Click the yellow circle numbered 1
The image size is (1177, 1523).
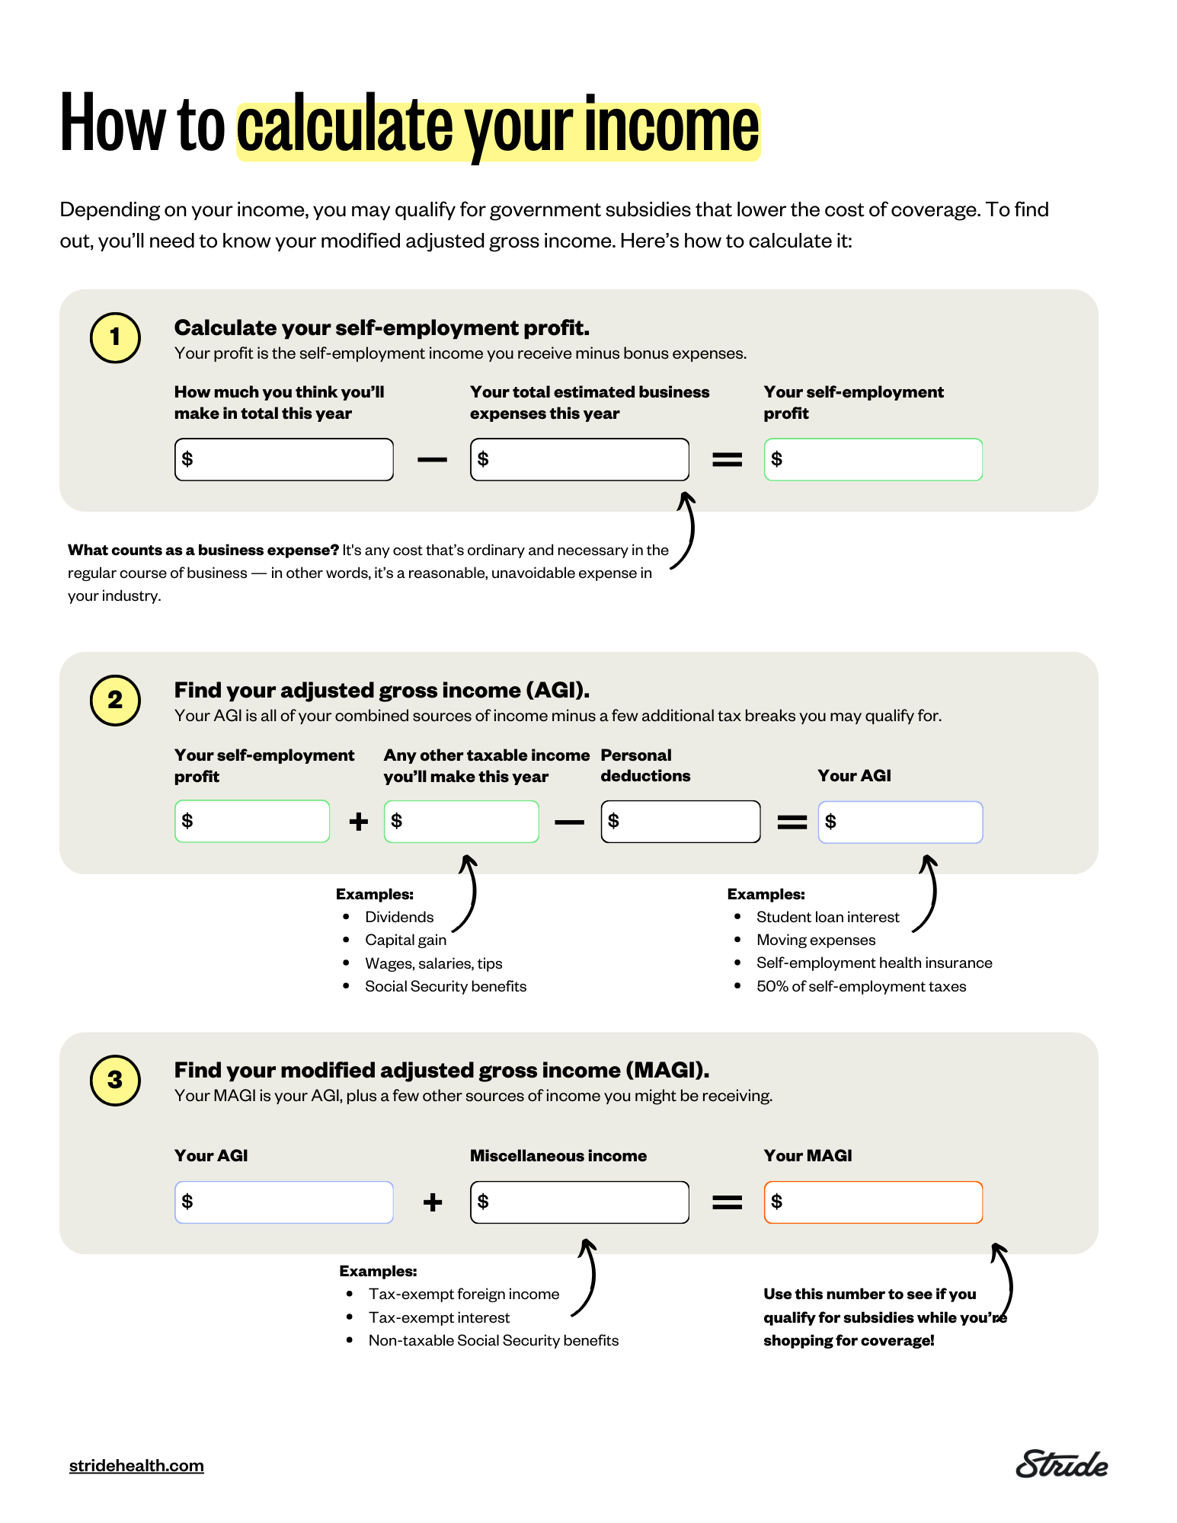[x=115, y=337]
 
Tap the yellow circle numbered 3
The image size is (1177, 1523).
[x=115, y=1080]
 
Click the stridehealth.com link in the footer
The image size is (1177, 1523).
[x=136, y=1466]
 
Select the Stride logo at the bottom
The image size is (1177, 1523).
[x=1061, y=1464]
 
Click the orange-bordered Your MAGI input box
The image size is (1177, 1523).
[x=873, y=1202]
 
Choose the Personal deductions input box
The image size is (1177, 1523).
[x=680, y=821]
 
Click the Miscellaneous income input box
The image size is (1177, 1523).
[x=579, y=1202]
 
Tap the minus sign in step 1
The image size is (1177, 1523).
[x=432, y=459]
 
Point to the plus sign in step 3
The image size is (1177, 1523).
[x=432, y=1202]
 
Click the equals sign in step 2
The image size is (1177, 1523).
[x=792, y=822]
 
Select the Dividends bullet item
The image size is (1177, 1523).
[x=398, y=917]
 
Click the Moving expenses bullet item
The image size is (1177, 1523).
[x=815, y=940]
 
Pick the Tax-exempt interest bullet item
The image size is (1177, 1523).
[x=439, y=1317]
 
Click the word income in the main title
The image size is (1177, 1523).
[x=671, y=126]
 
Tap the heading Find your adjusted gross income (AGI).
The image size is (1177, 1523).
[x=382, y=690]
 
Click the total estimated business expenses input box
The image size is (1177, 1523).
[x=579, y=459]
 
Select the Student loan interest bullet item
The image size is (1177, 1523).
[x=827, y=917]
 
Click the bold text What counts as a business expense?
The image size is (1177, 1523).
[x=203, y=550]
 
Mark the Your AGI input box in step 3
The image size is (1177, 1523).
[x=283, y=1202]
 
